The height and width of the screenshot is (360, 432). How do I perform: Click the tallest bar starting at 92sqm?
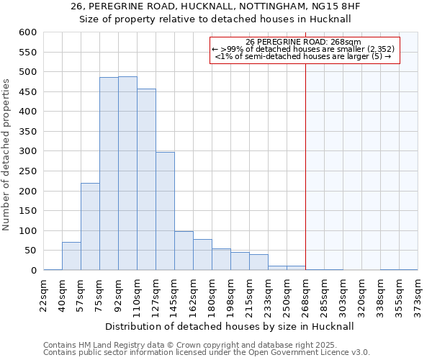click(x=127, y=173)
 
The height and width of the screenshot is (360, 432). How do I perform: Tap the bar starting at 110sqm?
click(x=146, y=179)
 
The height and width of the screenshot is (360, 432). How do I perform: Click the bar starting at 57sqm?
click(x=90, y=226)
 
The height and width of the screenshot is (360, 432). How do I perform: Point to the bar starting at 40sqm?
click(x=71, y=256)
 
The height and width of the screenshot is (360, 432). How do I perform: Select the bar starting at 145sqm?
click(x=184, y=251)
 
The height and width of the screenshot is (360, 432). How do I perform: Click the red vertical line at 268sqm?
click(x=305, y=166)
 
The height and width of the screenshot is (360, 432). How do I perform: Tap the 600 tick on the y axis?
click(x=27, y=32)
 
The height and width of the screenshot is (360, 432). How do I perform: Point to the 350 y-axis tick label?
click(x=27, y=132)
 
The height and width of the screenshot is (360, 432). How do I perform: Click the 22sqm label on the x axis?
click(x=43, y=294)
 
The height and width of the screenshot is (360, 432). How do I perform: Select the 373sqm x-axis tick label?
click(x=418, y=294)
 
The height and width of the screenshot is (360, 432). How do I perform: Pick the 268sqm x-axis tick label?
click(x=305, y=294)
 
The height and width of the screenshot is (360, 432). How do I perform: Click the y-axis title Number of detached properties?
click(x=7, y=155)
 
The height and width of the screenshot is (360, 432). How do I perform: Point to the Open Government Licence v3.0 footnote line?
click(x=207, y=352)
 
